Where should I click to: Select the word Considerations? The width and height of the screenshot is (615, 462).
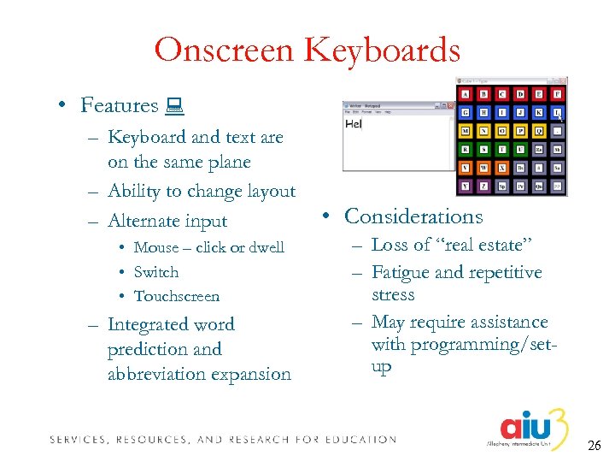(x=413, y=216)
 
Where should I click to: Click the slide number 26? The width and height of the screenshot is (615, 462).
(x=594, y=446)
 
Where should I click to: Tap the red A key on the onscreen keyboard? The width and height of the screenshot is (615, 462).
(x=466, y=93)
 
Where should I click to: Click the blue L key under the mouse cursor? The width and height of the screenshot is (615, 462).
(x=557, y=112)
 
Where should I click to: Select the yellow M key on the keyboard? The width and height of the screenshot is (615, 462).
(x=466, y=131)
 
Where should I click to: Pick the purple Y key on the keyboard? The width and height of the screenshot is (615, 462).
(x=466, y=186)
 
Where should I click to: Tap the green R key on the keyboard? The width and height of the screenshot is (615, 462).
(x=466, y=150)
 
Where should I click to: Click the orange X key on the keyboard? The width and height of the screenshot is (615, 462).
(x=502, y=168)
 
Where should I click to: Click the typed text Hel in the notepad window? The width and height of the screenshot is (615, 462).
(x=353, y=124)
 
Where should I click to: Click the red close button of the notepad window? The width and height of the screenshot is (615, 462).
(x=451, y=107)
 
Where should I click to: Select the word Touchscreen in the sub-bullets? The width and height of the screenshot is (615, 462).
(x=177, y=296)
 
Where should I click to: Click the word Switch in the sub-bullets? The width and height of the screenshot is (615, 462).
(x=156, y=272)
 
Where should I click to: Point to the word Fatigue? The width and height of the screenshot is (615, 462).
(x=402, y=272)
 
